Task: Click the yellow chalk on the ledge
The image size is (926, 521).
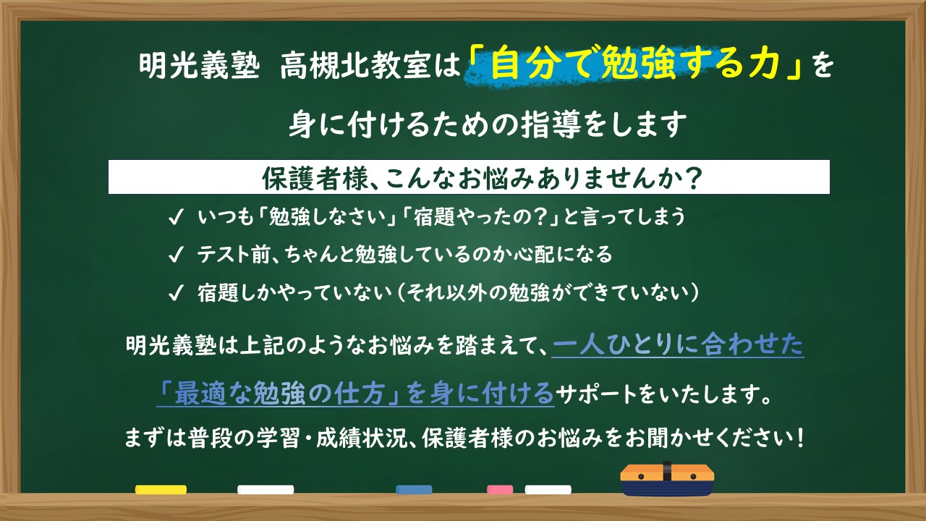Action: click(161, 490)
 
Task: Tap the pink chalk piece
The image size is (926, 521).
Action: click(500, 490)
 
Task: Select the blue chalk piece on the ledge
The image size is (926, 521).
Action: click(414, 490)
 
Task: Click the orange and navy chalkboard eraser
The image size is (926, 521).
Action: click(667, 479)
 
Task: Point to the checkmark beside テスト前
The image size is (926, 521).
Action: click(175, 255)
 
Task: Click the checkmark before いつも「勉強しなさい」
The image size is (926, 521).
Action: click(175, 217)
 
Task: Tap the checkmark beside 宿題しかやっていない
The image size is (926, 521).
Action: click(175, 293)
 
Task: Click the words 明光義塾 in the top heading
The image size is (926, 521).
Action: click(199, 66)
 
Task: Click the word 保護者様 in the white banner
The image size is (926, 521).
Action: click(314, 178)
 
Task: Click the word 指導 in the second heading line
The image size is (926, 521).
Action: click(551, 124)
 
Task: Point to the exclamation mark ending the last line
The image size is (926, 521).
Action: click(801, 438)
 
